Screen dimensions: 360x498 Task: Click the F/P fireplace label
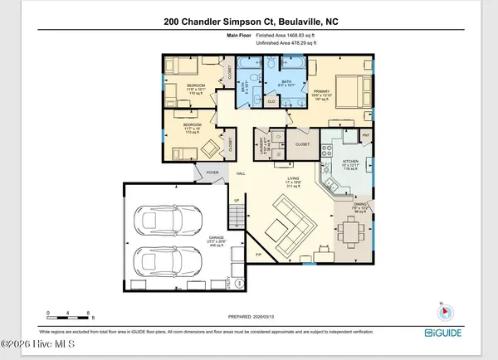coord(259,254)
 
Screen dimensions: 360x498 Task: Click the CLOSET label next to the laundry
coord(302,144)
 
